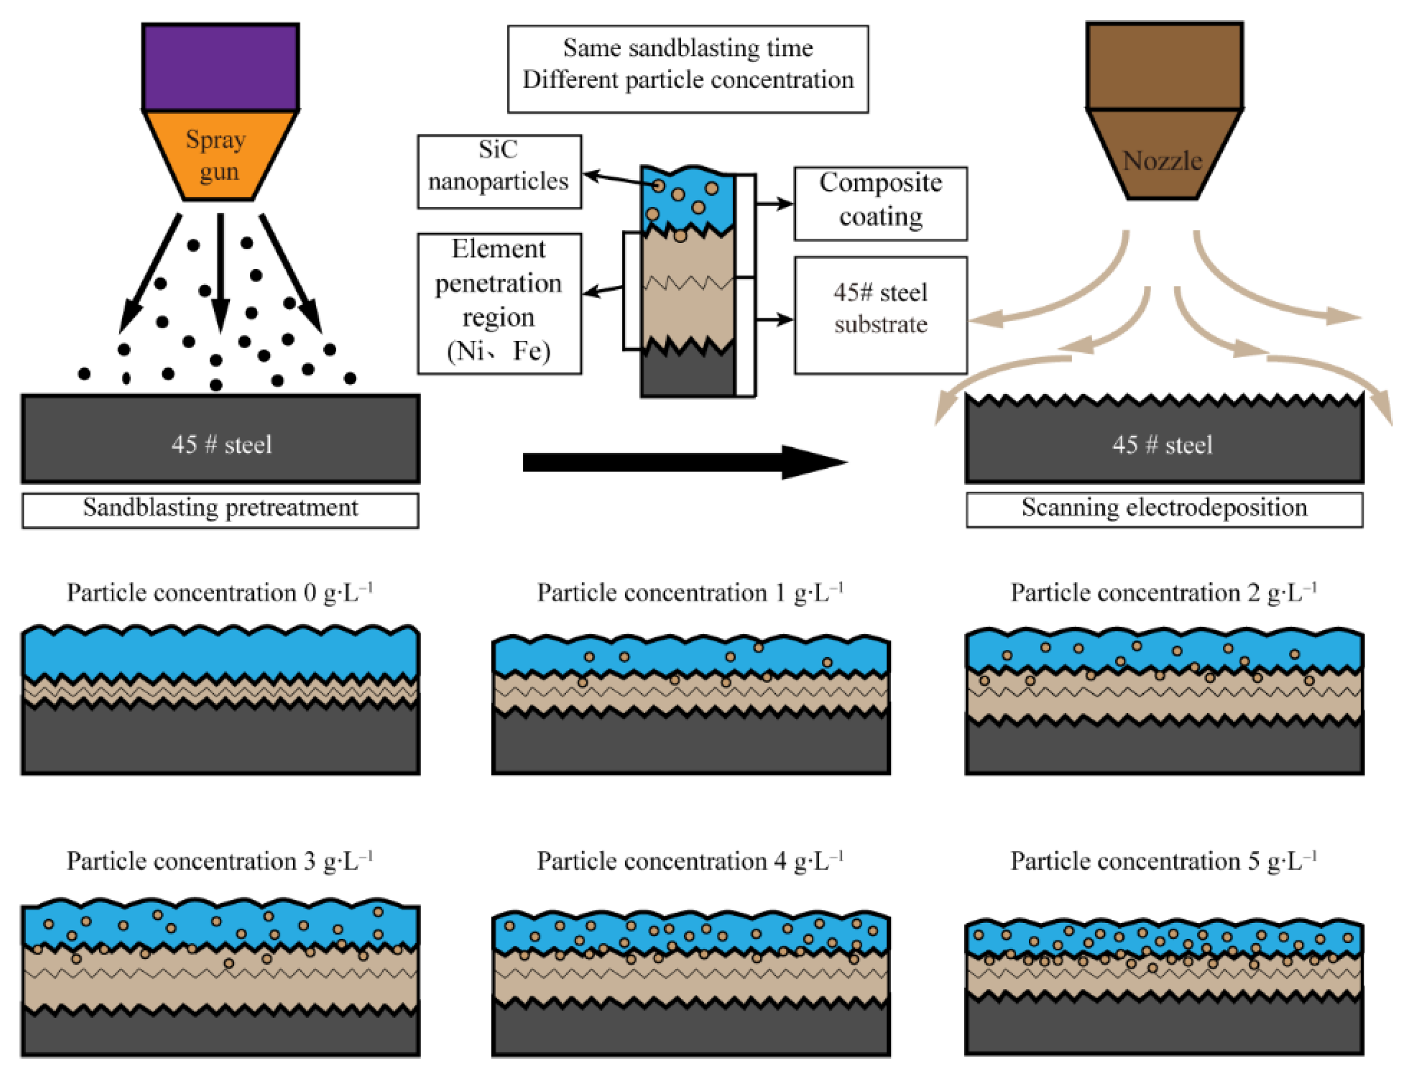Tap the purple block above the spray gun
[x=220, y=68]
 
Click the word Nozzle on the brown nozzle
[x=1162, y=160]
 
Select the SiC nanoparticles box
[x=499, y=171]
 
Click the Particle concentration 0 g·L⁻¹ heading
[x=220, y=592]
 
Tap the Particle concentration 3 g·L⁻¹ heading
[x=220, y=861]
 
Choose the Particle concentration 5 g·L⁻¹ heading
[x=1163, y=861]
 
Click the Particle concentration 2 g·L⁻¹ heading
[x=1163, y=592]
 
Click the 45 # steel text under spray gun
[x=221, y=445]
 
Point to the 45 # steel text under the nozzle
[x=1162, y=445]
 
